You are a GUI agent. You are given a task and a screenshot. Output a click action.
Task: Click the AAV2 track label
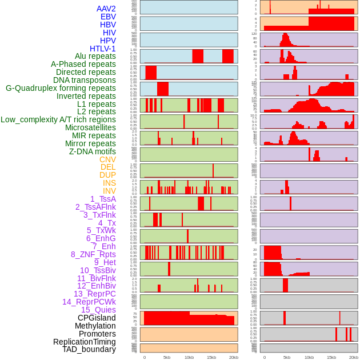[x=106, y=9]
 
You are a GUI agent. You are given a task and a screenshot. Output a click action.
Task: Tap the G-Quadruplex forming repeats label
[x=61, y=88]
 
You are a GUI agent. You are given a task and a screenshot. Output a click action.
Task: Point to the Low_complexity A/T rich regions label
[x=58, y=119]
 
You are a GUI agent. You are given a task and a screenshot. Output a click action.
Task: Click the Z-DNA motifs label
[x=92, y=151]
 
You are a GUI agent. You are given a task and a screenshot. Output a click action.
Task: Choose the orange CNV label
[x=107, y=159]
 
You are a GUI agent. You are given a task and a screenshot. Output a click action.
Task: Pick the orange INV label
[x=109, y=191]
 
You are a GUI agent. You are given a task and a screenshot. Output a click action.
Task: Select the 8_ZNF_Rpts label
[x=93, y=254]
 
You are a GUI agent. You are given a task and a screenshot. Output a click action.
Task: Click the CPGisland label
[x=97, y=318]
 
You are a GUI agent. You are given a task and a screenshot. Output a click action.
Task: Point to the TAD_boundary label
[x=89, y=349]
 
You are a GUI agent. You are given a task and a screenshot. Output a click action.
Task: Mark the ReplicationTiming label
[x=84, y=342]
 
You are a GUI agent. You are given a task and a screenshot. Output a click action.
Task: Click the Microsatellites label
[x=90, y=127]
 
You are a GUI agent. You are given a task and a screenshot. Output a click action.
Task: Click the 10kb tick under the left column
[x=189, y=357]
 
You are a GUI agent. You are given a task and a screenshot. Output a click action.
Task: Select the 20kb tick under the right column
[x=354, y=357]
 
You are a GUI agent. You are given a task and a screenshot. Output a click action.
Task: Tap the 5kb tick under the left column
[x=167, y=357]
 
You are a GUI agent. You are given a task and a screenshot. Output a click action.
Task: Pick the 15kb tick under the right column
[x=331, y=357]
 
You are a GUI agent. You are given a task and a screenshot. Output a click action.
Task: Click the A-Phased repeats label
[x=83, y=64]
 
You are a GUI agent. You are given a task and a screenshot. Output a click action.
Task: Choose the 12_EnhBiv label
[x=96, y=286]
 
